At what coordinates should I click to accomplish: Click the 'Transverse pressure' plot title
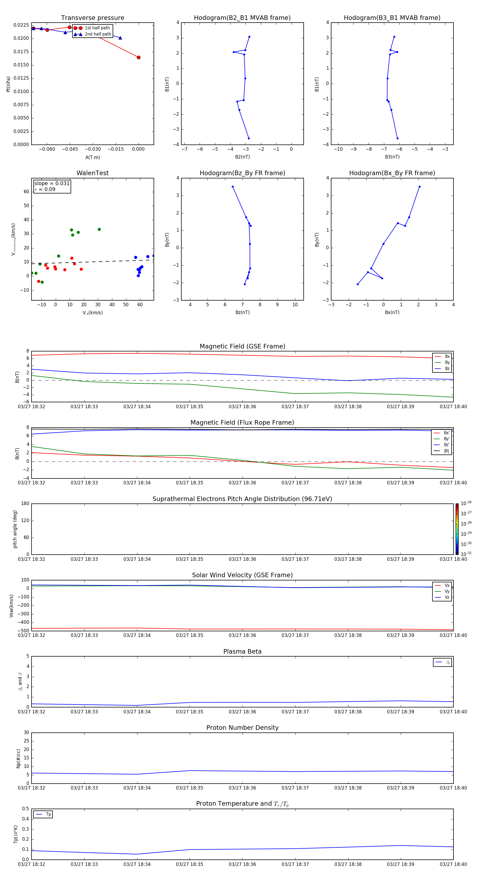[x=92, y=18]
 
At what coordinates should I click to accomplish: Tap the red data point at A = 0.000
[x=138, y=58]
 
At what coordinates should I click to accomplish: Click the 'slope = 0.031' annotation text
[x=52, y=184]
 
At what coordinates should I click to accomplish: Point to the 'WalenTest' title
[x=92, y=173]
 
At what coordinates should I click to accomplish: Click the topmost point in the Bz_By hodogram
[x=233, y=187]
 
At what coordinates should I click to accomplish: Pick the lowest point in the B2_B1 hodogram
[x=248, y=139]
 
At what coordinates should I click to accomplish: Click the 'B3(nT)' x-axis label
[x=392, y=157]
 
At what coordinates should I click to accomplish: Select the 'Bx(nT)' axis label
[x=392, y=312]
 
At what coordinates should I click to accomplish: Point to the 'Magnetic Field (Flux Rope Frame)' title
[x=242, y=423]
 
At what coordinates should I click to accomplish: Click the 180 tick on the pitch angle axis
[x=25, y=504]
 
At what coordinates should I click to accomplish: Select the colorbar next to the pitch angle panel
[x=457, y=529]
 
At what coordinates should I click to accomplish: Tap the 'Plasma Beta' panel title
[x=242, y=651]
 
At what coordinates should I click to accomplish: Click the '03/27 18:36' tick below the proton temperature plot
[x=242, y=864]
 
